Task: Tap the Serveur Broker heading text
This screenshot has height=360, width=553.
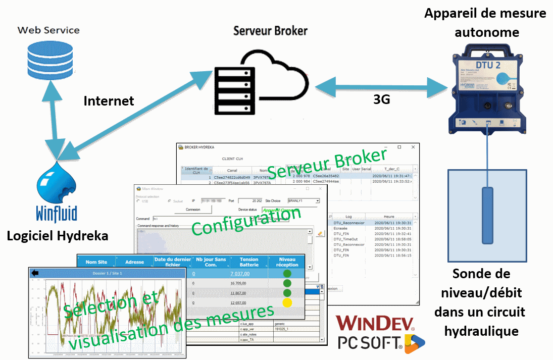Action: [x=270, y=31]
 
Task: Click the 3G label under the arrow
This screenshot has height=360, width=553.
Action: [x=381, y=99]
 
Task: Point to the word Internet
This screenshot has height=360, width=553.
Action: [x=109, y=101]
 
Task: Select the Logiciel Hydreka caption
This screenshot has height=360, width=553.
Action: [x=58, y=236]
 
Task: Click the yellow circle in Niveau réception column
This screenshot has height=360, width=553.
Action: [x=287, y=303]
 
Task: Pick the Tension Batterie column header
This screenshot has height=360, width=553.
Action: [x=248, y=261]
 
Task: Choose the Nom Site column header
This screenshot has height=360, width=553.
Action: [x=96, y=262]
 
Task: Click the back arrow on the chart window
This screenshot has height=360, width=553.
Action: [x=35, y=273]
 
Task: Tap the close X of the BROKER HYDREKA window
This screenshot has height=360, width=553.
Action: [x=413, y=147]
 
